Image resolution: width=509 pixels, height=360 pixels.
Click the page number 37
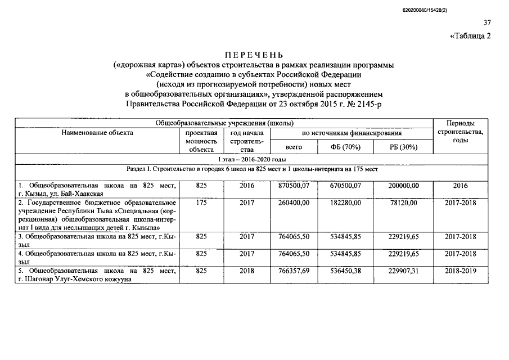tap(487, 23)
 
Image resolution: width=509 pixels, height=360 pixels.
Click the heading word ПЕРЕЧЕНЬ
tap(254, 55)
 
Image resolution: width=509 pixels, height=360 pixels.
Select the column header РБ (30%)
tap(404, 147)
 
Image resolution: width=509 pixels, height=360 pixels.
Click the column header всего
tap(294, 147)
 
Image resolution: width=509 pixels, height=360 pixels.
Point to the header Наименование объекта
tap(98, 133)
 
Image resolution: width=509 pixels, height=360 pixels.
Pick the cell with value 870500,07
tap(295, 185)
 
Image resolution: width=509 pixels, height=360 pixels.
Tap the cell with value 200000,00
tap(404, 185)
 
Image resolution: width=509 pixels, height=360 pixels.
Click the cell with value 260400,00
tap(295, 202)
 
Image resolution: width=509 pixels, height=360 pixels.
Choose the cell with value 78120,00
tap(404, 202)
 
